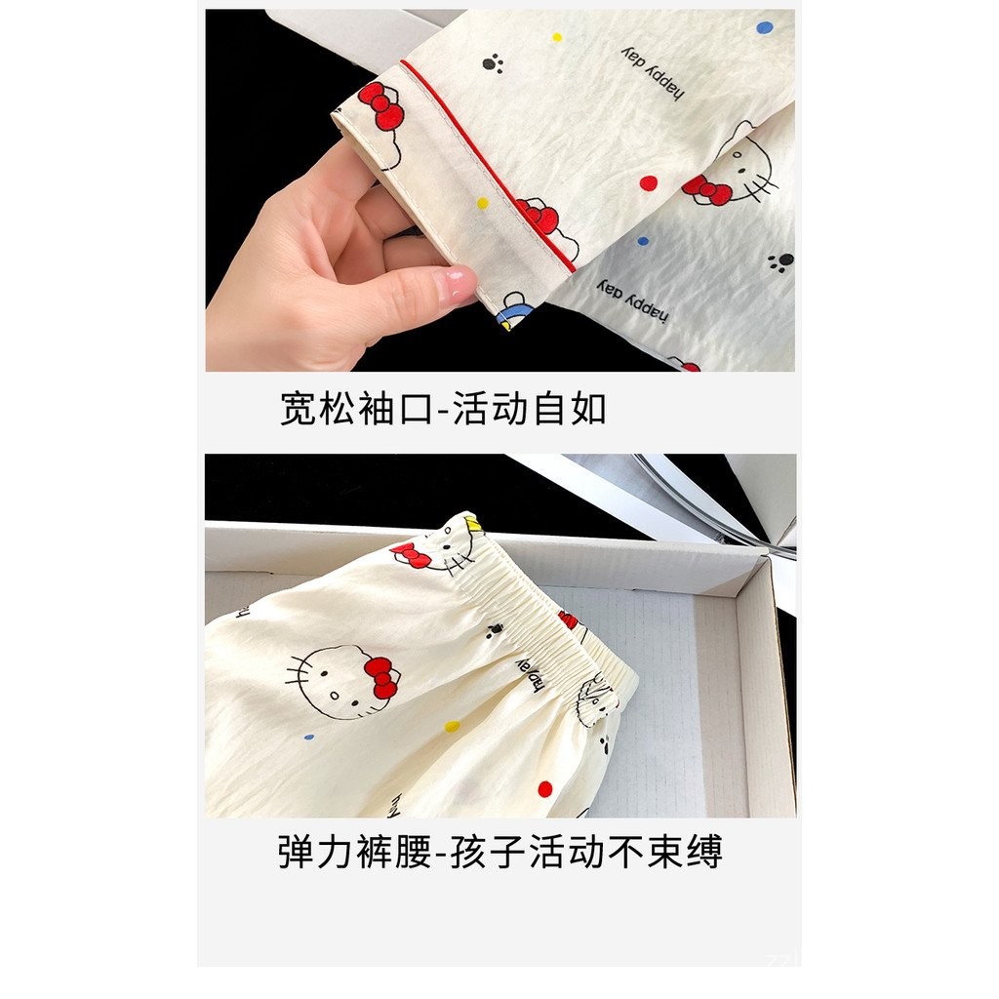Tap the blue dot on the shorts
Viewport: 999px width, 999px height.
pyautogui.click(x=309, y=738)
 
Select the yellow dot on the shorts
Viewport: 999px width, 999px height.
pyautogui.click(x=452, y=726)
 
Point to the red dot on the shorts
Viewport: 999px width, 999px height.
pyautogui.click(x=544, y=788)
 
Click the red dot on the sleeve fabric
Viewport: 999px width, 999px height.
pyautogui.click(x=648, y=183)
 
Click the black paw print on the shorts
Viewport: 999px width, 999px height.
pyautogui.click(x=494, y=631)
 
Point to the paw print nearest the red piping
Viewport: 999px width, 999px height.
pyautogui.click(x=493, y=63)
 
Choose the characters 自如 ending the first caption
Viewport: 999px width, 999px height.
pyautogui.click(x=569, y=409)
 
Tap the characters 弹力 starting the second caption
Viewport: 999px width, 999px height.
pyautogui.click(x=316, y=851)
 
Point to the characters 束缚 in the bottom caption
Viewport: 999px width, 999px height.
pyautogui.click(x=685, y=851)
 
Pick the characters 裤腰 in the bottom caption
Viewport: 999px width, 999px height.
pyautogui.click(x=394, y=851)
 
